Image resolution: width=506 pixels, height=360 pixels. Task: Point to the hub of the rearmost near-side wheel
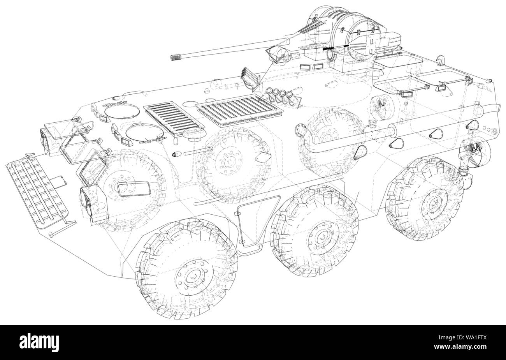click(x=431, y=201)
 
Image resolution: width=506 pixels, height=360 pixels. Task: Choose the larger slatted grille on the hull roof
click(x=239, y=110)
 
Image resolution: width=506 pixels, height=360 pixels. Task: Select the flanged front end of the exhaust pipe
click(x=300, y=130)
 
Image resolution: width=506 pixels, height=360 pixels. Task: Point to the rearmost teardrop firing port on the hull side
click(x=472, y=125)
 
